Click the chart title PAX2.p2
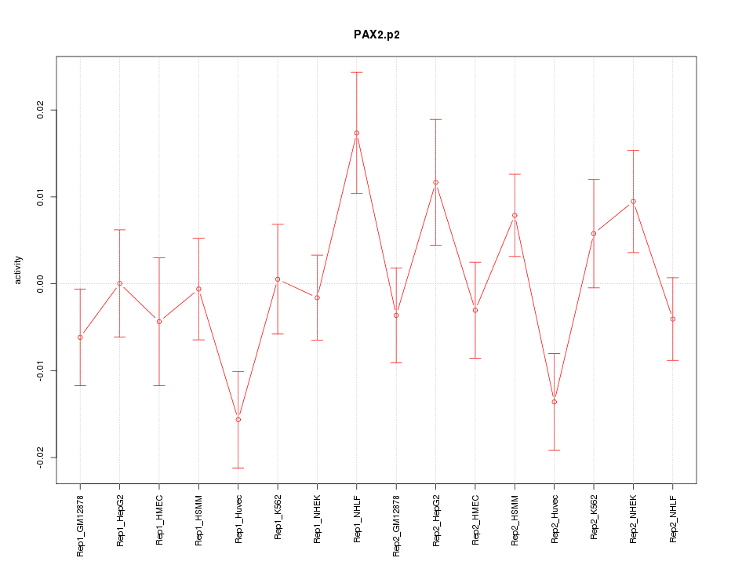[x=376, y=35]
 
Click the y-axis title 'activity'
[x=19, y=270]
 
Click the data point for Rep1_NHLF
[x=357, y=133]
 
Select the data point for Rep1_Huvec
[x=238, y=420]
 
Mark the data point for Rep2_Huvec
[x=555, y=402]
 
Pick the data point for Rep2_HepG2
[x=436, y=182]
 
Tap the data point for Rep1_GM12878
[x=80, y=337]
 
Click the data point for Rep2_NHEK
[x=633, y=202]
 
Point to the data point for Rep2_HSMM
[x=515, y=215]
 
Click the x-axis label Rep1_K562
[x=278, y=518]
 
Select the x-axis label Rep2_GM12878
[x=396, y=524]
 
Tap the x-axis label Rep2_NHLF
[x=673, y=518]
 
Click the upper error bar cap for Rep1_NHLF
[x=357, y=72]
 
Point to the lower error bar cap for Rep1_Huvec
[x=238, y=468]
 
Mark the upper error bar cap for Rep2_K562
[x=594, y=179]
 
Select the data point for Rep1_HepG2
[x=120, y=283]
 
